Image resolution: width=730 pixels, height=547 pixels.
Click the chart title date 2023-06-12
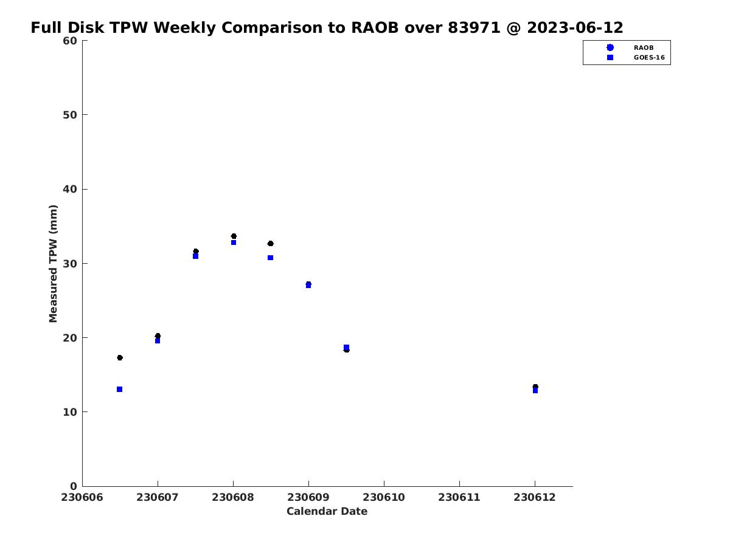[575, 27]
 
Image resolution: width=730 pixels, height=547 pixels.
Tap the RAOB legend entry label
[643, 48]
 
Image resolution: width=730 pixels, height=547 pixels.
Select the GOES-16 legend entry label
[649, 58]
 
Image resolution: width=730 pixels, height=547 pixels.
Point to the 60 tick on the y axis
[70, 41]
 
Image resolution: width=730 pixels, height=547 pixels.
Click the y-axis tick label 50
[70, 115]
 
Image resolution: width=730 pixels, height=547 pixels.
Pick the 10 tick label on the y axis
[70, 412]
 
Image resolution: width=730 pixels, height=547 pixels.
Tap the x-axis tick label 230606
[82, 498]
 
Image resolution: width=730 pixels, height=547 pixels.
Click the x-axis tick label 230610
[383, 498]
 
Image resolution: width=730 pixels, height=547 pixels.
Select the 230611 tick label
[459, 498]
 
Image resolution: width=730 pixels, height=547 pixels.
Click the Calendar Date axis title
[327, 511]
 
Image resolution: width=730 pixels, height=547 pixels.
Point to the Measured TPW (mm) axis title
[53, 263]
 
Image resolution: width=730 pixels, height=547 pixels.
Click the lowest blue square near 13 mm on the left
[119, 389]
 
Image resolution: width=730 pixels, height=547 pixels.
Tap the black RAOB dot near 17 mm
[120, 358]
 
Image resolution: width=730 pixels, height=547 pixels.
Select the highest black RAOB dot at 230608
[234, 236]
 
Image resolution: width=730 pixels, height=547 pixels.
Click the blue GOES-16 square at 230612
[535, 391]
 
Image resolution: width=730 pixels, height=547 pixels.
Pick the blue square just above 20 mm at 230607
[158, 341]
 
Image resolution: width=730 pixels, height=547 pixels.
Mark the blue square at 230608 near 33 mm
[234, 243]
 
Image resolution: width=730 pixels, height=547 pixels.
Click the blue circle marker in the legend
[610, 47]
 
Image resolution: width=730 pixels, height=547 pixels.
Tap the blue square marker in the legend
[610, 58]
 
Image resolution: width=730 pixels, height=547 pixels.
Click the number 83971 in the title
[474, 27]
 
